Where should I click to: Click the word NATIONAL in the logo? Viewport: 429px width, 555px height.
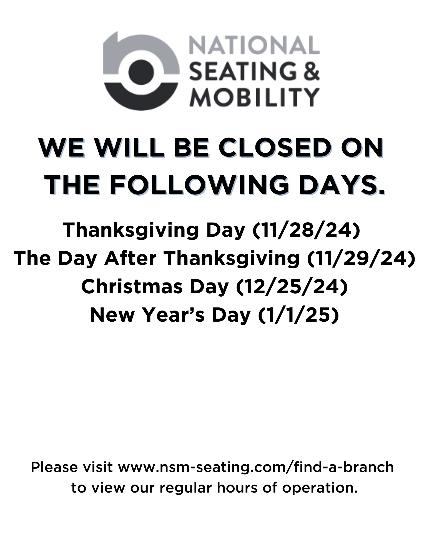coord(254,45)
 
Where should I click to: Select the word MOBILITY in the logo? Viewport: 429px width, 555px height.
coord(254,97)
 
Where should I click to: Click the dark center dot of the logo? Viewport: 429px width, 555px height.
coord(141,72)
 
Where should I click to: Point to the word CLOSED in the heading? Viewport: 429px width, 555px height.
coord(275,148)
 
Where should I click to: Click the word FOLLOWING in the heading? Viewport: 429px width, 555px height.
coord(199,185)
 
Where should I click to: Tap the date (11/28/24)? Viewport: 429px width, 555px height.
coord(306,230)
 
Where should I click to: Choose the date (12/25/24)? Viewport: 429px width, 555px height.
coord(292,287)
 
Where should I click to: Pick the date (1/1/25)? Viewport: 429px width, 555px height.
coord(299,315)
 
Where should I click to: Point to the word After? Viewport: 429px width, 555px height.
coord(130,258)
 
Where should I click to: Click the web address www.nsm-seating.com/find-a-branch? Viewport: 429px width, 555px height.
coord(256,467)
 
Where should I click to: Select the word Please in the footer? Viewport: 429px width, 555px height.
coord(54,467)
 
